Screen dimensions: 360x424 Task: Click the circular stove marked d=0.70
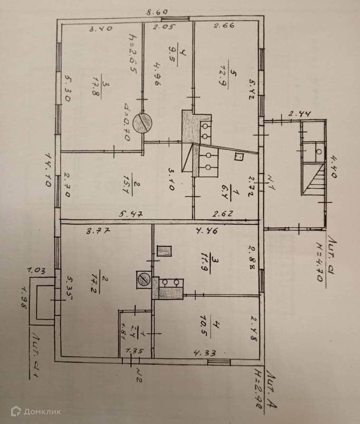click(143, 124)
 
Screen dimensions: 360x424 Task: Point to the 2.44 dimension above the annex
click(291, 113)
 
